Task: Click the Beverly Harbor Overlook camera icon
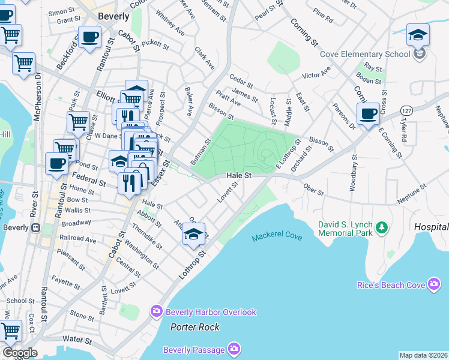pos(157,311)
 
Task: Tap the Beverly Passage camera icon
pos(234,349)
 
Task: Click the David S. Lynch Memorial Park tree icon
pos(381,227)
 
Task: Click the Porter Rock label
pos(194,327)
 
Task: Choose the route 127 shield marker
pos(407,110)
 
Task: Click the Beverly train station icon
pos(35,227)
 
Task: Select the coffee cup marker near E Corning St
pos(367,114)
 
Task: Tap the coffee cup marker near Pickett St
pos(90,38)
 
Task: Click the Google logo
pos(20,353)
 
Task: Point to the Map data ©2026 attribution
pos(423,355)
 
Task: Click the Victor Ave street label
pos(316,75)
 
